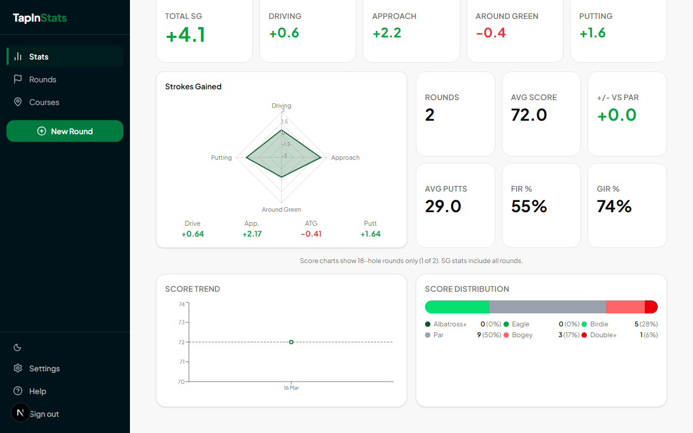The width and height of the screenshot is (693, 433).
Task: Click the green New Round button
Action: [x=65, y=131]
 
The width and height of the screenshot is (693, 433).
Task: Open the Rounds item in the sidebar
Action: [x=42, y=80]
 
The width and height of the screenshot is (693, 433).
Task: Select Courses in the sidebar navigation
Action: [x=44, y=102]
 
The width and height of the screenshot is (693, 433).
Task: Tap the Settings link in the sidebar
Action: [x=44, y=369]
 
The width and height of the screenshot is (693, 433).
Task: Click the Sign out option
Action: [x=44, y=414]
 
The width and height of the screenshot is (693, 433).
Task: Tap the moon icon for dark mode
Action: [x=17, y=347]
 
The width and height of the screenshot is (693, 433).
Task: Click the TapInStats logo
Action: [x=40, y=18]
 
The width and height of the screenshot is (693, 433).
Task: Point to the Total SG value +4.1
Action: [x=186, y=35]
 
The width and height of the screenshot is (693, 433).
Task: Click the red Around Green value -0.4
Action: [x=491, y=33]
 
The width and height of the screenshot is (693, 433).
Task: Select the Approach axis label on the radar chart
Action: [x=345, y=158]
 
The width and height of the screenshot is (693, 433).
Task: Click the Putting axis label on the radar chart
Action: [x=221, y=158]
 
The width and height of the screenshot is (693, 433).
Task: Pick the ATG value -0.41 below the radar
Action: [x=311, y=234]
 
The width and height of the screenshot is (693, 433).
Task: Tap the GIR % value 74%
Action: [x=614, y=206]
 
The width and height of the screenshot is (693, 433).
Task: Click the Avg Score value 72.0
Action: [x=529, y=115]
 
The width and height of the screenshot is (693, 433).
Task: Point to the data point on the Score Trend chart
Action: [x=291, y=342]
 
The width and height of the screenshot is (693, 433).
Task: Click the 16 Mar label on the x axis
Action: [x=291, y=388]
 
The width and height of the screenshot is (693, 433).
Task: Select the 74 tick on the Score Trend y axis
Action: [x=181, y=304]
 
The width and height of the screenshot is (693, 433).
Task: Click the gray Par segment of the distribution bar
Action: [x=547, y=307]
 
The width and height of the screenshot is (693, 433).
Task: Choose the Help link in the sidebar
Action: [x=37, y=391]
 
